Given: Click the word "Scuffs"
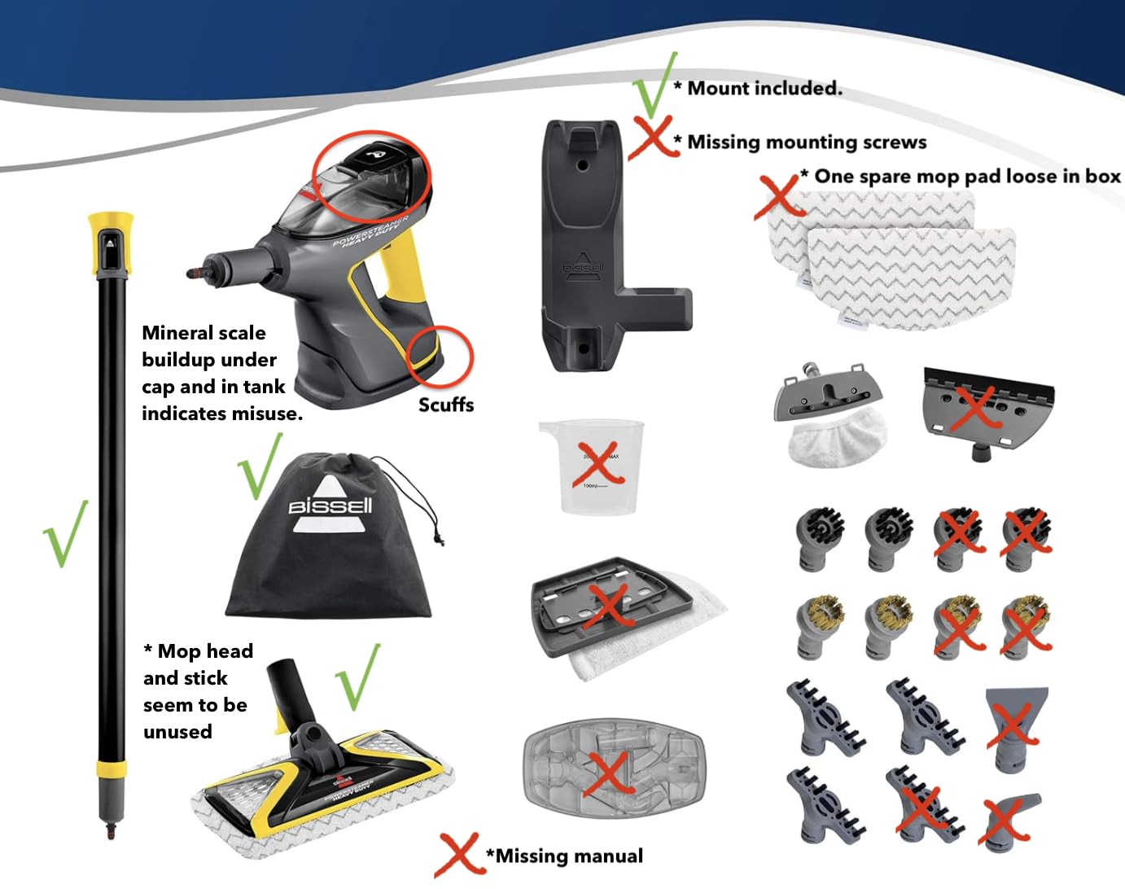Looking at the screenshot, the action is (446, 405).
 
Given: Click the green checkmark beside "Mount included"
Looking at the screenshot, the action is (654, 85).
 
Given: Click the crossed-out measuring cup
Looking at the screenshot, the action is (592, 466).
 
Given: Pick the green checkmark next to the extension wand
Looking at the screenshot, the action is (65, 533).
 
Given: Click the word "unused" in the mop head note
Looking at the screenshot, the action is (177, 732).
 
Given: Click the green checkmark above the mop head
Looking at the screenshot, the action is (359, 677).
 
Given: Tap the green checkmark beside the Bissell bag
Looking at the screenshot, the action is (260, 466).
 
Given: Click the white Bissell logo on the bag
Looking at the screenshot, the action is (330, 504).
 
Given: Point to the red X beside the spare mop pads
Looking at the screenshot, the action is (779, 196).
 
